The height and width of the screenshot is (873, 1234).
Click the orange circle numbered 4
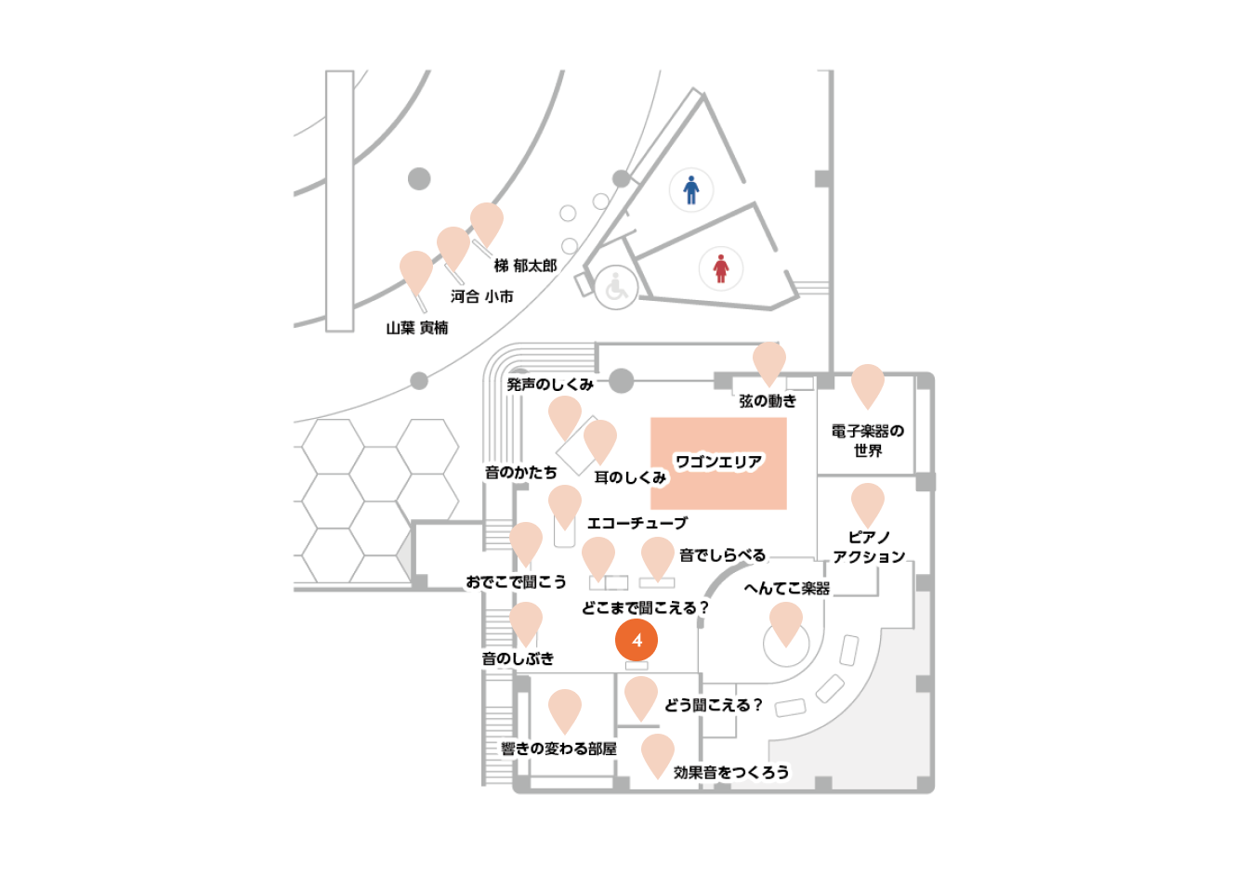point(637,640)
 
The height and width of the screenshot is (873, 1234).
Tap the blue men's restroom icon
point(690,189)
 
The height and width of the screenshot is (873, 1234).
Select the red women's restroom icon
point(720,268)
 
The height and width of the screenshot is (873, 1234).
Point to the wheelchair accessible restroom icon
point(616,287)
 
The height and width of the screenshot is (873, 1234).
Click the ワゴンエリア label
point(719,462)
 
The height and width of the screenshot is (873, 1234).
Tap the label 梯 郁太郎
point(526,266)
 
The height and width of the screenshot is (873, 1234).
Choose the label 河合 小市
point(482,296)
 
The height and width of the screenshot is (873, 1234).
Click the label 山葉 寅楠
point(417,328)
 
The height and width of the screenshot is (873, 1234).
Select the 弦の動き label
point(768,400)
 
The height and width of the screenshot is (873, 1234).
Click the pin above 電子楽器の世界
point(868,385)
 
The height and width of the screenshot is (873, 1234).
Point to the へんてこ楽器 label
point(787,589)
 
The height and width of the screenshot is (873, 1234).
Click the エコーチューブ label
point(637,523)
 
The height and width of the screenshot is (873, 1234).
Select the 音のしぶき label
point(518,658)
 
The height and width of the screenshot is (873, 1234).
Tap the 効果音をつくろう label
point(731,773)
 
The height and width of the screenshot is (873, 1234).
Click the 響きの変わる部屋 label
point(558,749)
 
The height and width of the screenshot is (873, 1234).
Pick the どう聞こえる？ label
point(714,705)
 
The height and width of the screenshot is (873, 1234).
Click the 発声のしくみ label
point(550,384)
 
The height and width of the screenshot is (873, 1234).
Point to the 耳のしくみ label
point(630,477)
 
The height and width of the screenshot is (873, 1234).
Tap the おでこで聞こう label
point(517,581)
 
